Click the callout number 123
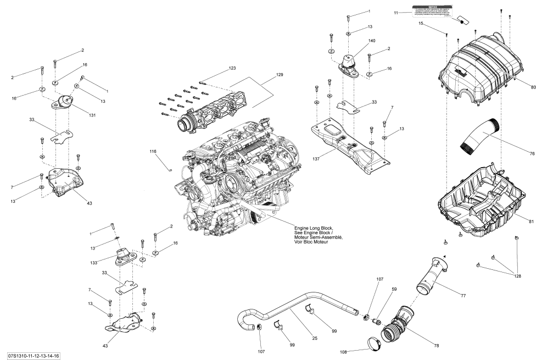[x=232, y=68]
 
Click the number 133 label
[x=94, y=263]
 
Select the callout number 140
[x=357, y=42]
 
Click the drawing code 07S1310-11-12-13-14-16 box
[x=34, y=355]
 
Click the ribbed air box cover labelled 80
[x=478, y=66]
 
